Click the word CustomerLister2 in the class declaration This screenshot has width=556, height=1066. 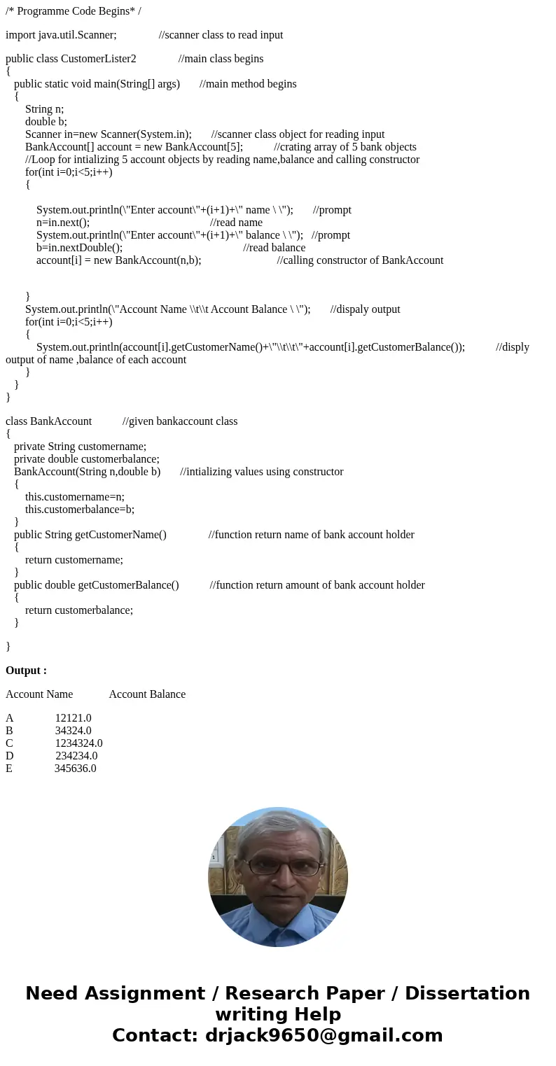(99, 59)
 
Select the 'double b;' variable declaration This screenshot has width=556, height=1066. (46, 122)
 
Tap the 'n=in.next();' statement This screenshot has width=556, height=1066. (63, 223)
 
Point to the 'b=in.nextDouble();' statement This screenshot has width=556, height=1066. (79, 248)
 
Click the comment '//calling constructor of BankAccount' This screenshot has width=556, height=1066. (360, 260)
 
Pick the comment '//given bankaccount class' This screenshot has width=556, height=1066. (180, 421)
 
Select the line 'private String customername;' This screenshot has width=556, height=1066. (80, 447)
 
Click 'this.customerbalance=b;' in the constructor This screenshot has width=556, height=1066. (80, 510)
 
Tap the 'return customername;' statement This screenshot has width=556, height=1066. (74, 560)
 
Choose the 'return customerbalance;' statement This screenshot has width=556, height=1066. (79, 610)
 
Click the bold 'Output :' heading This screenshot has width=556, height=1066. (26, 671)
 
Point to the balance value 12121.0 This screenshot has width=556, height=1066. (73, 718)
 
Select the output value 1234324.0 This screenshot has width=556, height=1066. (78, 743)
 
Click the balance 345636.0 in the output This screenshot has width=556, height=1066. (75, 769)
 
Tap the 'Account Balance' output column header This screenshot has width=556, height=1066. (147, 694)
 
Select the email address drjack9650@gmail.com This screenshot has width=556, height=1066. (324, 1035)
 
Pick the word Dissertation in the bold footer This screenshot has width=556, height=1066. (467, 993)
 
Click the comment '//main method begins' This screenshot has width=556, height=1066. (248, 84)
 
